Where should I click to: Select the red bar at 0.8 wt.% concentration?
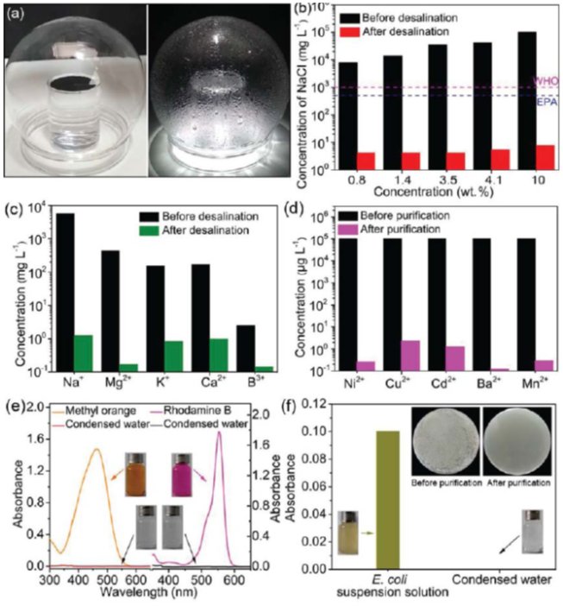[366, 161]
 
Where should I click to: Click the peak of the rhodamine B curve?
[220, 432]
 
